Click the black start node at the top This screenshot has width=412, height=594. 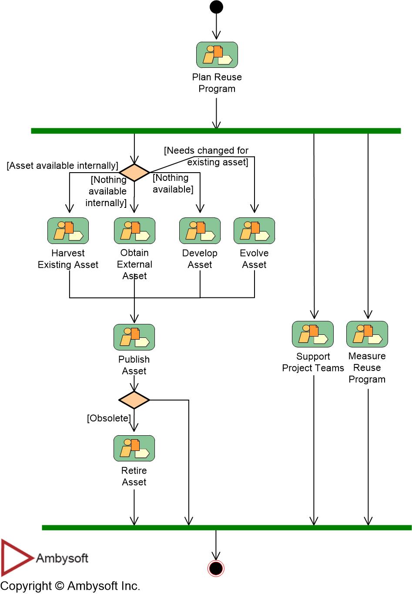coord(216,7)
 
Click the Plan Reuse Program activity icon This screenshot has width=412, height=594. coord(217,55)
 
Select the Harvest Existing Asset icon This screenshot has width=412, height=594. coord(68,231)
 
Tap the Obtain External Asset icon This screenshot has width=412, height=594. coord(134,231)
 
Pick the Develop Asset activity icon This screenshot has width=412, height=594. coord(200,231)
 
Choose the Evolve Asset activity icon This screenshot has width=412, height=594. coord(254,231)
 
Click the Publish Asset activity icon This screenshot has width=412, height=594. coord(134,337)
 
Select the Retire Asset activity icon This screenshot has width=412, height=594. coord(134,448)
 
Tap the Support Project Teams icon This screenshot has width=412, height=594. coord(312,334)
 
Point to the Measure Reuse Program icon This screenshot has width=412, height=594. coord(367,334)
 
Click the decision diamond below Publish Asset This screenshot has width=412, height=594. coord(134,400)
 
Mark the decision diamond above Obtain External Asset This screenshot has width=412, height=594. coord(134,173)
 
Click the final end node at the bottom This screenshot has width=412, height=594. coord(216,568)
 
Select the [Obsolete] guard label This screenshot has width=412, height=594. coord(109,418)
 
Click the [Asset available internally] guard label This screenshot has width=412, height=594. coord(62,166)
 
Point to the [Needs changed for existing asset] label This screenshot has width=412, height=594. coord(207,156)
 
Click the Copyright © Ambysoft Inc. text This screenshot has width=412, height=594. coord(70,586)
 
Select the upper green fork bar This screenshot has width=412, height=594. coord(216,131)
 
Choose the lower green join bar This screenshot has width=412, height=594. coord(226,527)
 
